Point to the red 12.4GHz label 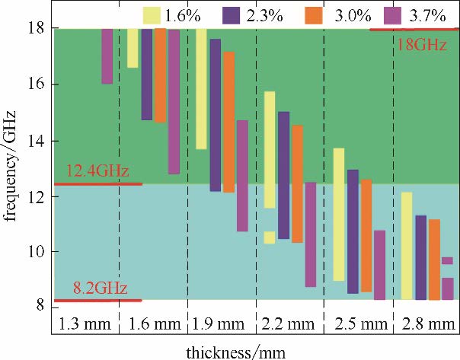97,170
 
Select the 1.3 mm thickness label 85,324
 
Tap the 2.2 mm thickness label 289,324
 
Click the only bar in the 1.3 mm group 107,56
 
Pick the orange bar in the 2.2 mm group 297,183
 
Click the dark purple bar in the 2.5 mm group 352,231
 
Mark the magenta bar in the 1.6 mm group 174,102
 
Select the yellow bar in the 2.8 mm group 407,246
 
